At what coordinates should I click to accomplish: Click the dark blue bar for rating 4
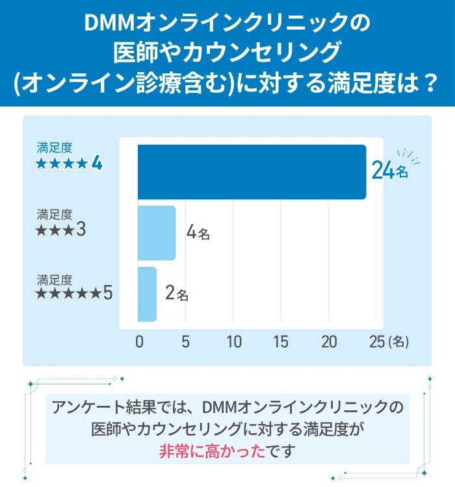[x=252, y=172]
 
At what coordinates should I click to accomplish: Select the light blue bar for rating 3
[x=157, y=233]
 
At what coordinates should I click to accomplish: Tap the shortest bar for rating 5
[x=148, y=294]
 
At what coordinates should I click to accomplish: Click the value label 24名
[x=390, y=171]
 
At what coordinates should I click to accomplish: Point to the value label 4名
[x=198, y=232]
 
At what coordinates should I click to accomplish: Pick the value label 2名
[x=176, y=294]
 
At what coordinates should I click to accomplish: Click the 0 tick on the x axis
[x=139, y=342]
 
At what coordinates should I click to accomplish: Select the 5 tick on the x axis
[x=186, y=342]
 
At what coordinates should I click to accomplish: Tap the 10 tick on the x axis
[x=233, y=342]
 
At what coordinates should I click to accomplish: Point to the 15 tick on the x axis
[x=281, y=342]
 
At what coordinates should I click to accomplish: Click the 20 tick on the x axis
[x=329, y=342]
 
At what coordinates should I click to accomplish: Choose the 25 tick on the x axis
[x=377, y=342]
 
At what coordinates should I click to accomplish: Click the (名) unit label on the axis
[x=398, y=343]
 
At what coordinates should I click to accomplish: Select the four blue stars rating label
[x=69, y=163]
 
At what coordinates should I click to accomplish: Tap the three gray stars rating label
[x=62, y=229]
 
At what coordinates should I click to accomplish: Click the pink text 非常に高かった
[x=214, y=451]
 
